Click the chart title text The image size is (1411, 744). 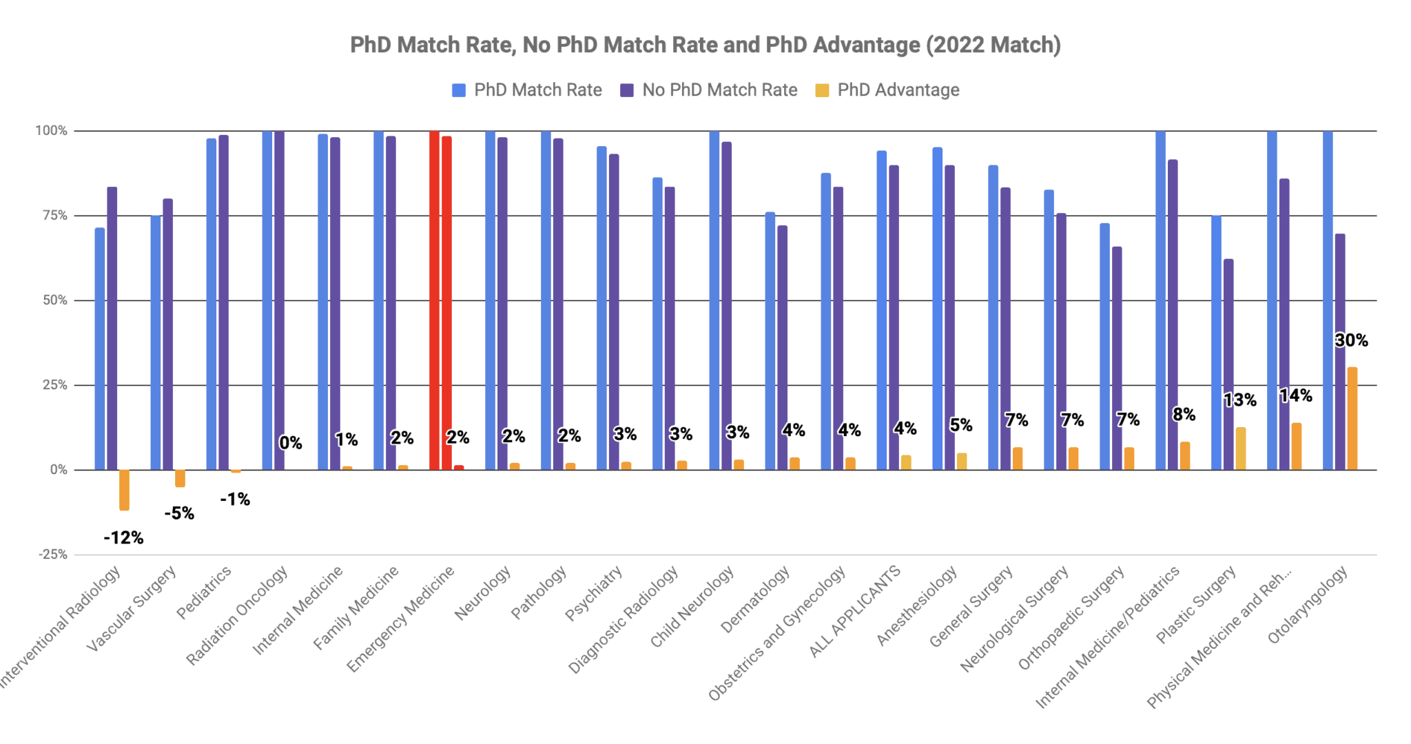pyautogui.click(x=705, y=45)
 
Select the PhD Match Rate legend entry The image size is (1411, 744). pyautogui.click(x=527, y=90)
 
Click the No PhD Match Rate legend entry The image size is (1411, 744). pyautogui.click(x=709, y=90)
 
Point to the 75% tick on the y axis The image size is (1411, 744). pyautogui.click(x=55, y=216)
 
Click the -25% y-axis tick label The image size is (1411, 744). pyautogui.click(x=52, y=555)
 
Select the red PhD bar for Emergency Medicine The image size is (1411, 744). pyautogui.click(x=434, y=300)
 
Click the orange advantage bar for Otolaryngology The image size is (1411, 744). pyautogui.click(x=1352, y=419)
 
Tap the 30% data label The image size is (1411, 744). pyautogui.click(x=1351, y=340)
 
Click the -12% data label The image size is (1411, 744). pyautogui.click(x=123, y=538)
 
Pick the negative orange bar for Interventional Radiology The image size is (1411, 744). pyautogui.click(x=124, y=490)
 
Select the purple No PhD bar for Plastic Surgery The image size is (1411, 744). pyautogui.click(x=1228, y=364)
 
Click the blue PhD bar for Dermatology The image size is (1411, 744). pyautogui.click(x=770, y=341)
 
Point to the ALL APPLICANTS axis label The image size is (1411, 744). pyautogui.click(x=856, y=610)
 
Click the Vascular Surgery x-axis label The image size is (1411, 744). pyautogui.click(x=132, y=608)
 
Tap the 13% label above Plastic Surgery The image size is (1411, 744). pyautogui.click(x=1239, y=400)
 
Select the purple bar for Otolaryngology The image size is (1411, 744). pyautogui.click(x=1339, y=352)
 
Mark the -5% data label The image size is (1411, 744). pyautogui.click(x=179, y=513)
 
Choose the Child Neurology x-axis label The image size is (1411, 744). pyautogui.click(x=692, y=607)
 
